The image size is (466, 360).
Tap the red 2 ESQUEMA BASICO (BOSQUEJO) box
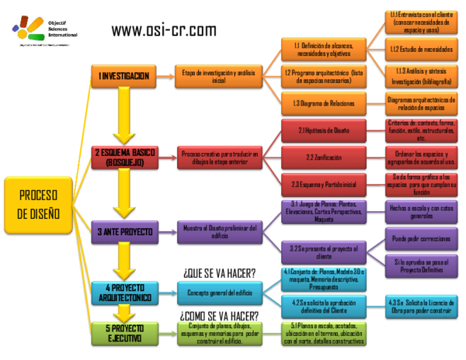tap(124, 157)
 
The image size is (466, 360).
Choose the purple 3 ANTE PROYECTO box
tap(124, 230)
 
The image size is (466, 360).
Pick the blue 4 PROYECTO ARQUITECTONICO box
tap(124, 293)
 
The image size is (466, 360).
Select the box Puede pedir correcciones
tap(420, 239)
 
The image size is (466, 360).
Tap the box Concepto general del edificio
tap(220, 292)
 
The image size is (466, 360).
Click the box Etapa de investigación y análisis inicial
tap(220, 75)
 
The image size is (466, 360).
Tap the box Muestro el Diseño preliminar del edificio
tap(220, 230)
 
